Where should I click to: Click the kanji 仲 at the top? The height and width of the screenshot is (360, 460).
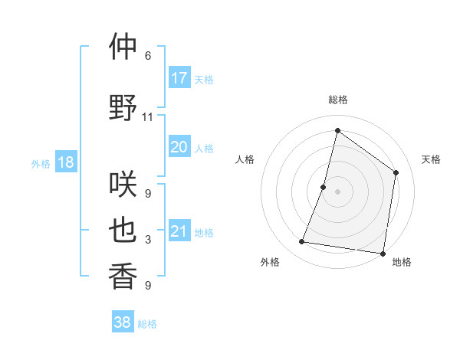point(123,47)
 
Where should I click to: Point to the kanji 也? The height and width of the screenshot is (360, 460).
point(123,231)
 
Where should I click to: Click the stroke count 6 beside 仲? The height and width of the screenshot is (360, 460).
point(147,56)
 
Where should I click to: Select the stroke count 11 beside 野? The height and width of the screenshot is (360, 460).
point(147,117)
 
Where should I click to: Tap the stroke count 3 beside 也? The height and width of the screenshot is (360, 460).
point(147,240)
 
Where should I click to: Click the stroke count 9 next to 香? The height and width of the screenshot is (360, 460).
point(147,286)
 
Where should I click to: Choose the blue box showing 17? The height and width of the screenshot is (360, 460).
point(179,78)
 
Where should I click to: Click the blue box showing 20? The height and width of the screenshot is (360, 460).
point(179,147)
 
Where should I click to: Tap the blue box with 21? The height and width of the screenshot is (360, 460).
point(179,231)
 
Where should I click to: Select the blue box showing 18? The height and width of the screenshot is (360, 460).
point(65,162)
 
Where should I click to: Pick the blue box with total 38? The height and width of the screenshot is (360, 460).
point(123,322)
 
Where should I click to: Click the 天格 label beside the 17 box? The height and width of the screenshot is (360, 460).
point(204,80)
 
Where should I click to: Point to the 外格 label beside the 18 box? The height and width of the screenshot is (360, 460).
point(41,164)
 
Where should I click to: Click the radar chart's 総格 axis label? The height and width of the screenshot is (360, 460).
point(337,100)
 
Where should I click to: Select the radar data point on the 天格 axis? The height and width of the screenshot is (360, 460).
point(396,172)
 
